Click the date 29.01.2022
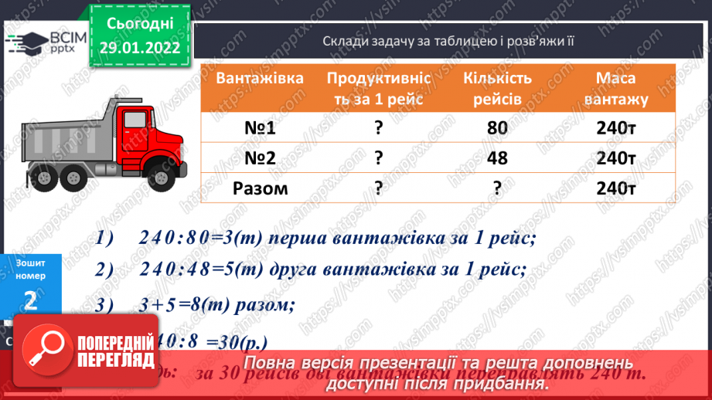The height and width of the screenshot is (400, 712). click(140, 46)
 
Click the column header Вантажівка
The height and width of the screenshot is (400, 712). click(259, 79)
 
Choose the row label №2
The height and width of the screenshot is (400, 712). click(259, 158)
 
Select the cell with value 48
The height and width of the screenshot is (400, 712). click(497, 158)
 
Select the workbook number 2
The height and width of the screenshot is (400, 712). click(30, 300)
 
